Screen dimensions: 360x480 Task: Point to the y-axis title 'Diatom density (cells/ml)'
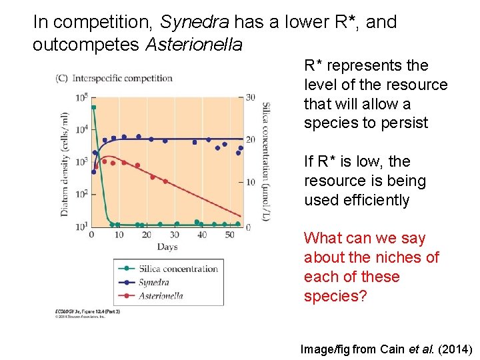pos(65,164)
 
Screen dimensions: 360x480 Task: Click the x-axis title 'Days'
pos(167,247)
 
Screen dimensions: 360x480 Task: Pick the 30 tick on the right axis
pos(250,97)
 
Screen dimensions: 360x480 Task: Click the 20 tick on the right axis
pos(250,139)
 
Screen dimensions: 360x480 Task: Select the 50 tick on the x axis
pos(230,235)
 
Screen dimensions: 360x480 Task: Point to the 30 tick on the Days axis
pos(174,235)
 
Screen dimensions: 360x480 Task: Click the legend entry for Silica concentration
pos(177,269)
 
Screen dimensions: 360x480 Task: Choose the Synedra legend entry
pos(154,283)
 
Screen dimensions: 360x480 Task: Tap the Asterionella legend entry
pos(161,295)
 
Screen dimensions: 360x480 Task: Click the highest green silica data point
pos(94,107)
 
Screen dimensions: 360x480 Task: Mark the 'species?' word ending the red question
pos(335,296)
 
